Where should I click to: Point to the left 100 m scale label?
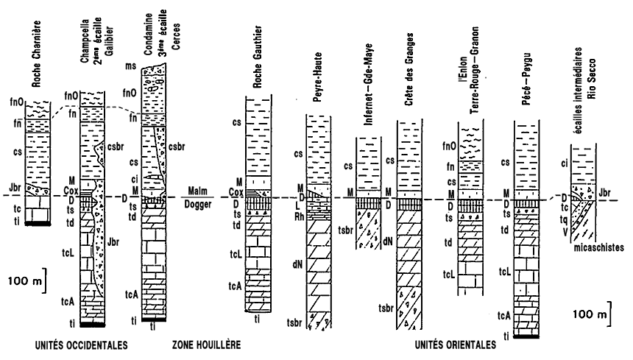(24, 279)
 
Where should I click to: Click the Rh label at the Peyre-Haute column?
(299, 216)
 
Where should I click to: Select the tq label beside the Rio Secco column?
(563, 219)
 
